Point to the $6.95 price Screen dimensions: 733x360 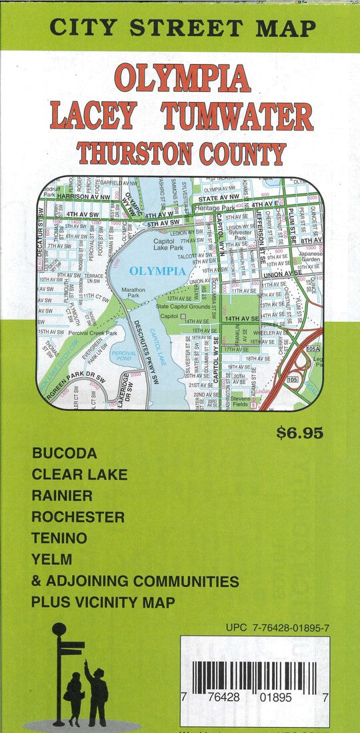pyautogui.click(x=299, y=433)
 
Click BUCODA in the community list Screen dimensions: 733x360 pyautogui.click(x=64, y=453)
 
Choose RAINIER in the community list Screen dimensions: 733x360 pyautogui.click(x=61, y=495)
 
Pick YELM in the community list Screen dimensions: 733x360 pyautogui.click(x=51, y=559)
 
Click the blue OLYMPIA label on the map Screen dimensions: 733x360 pyautogui.click(x=157, y=271)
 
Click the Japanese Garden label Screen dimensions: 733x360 pyautogui.click(x=310, y=257)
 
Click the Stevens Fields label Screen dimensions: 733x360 pyautogui.click(x=241, y=400)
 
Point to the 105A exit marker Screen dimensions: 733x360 pyautogui.click(x=313, y=349)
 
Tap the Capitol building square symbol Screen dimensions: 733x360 pyautogui.click(x=183, y=316)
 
